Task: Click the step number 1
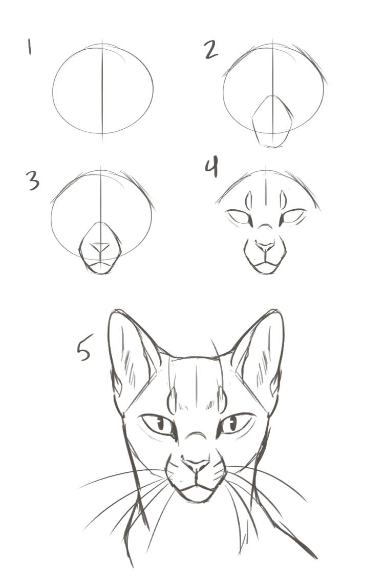point(29,47)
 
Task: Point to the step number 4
point(211,166)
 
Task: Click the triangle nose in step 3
point(100,247)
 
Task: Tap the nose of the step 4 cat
point(265,246)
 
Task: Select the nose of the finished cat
point(197,465)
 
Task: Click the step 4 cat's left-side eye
point(239,217)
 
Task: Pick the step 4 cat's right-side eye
point(292,216)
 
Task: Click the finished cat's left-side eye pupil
point(161,424)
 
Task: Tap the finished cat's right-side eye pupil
point(233,424)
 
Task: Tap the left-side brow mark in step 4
point(249,200)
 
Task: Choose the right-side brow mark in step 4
point(283,200)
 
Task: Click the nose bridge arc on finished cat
point(196,433)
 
